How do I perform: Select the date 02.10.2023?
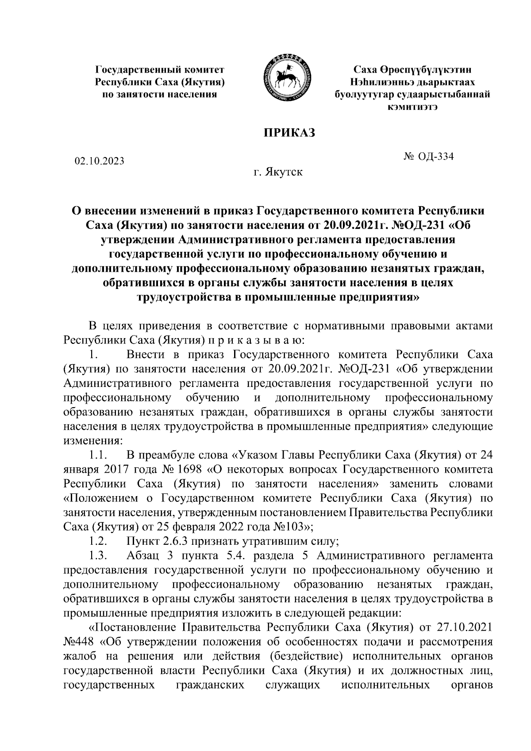click(x=100, y=161)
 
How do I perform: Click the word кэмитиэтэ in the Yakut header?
click(x=412, y=107)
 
